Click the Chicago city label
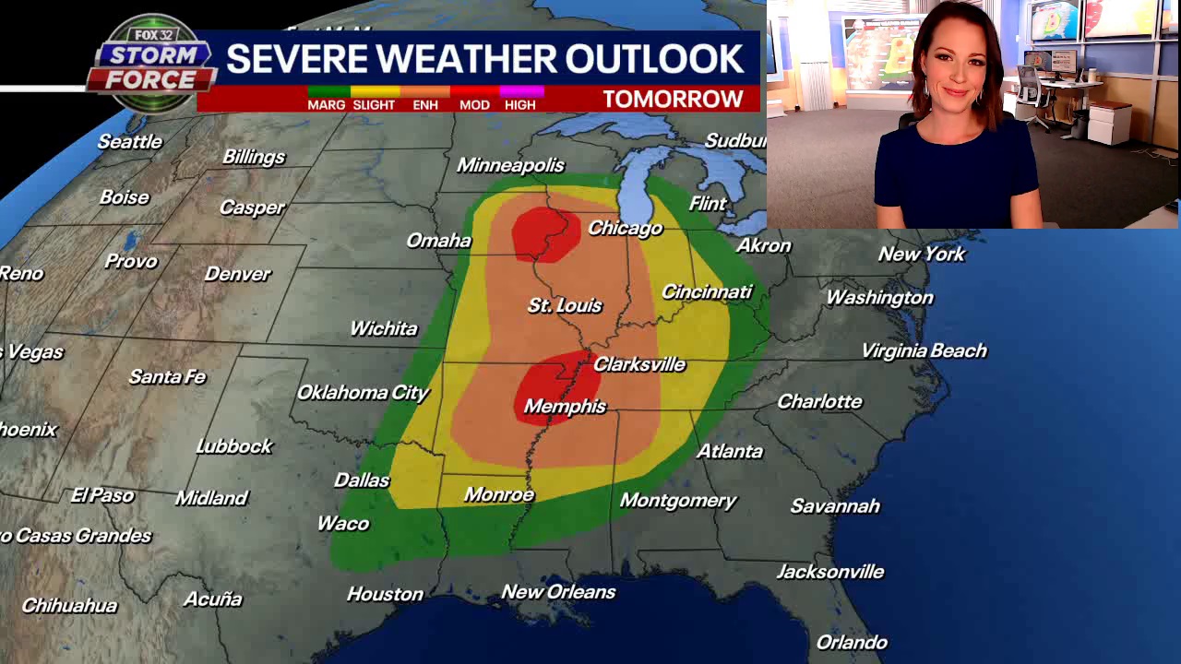pos(625,228)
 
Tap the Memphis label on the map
pos(565,407)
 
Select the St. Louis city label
pos(565,305)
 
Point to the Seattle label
pos(129,142)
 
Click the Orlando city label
pos(851,643)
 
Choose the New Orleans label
pos(558,592)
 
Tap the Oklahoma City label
pos(363,393)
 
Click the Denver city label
pos(237,274)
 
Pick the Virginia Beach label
pos(924,351)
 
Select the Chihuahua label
pos(69,606)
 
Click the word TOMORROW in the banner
pos(673,100)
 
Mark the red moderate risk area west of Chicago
pos(545,233)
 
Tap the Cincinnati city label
pos(707,292)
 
